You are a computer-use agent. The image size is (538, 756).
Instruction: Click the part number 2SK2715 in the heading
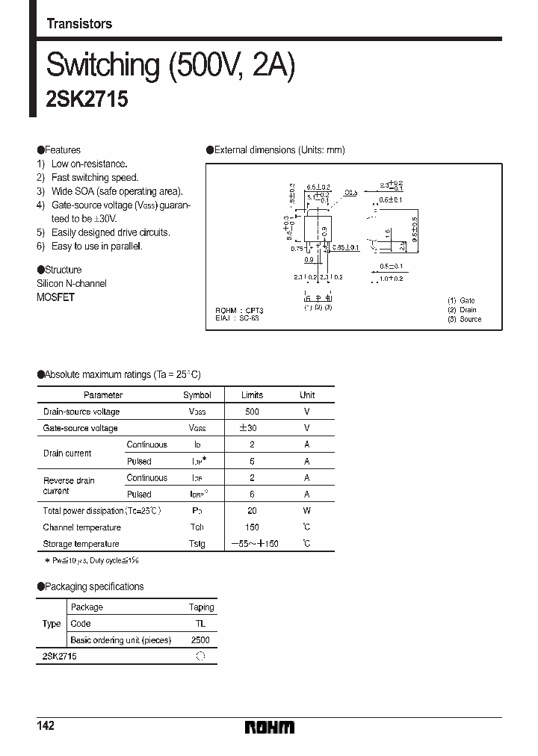[x=87, y=100]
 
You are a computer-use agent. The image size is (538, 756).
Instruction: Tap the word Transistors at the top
[x=79, y=24]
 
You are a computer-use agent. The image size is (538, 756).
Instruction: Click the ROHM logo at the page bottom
[x=270, y=727]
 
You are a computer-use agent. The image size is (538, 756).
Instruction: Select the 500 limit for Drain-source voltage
[x=252, y=412]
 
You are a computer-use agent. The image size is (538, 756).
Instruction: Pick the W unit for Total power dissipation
[x=306, y=511]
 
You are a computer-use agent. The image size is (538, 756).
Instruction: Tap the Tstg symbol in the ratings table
[x=197, y=544]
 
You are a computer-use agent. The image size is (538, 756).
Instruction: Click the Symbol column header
[x=197, y=395]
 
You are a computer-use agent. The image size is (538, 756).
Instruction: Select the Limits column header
[x=252, y=395]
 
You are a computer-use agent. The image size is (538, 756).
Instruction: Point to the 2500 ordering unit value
[x=200, y=640]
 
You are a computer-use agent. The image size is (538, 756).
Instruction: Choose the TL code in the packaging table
[x=200, y=624]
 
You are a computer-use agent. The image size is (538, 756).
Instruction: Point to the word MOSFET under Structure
[x=56, y=297]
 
